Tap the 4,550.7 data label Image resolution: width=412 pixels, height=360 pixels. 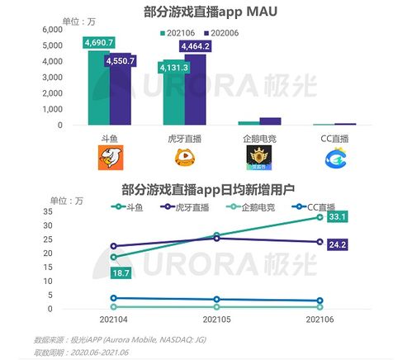(x=120, y=60)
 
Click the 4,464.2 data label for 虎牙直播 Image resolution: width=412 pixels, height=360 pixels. (x=195, y=46)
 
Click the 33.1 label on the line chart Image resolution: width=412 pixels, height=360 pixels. (x=336, y=217)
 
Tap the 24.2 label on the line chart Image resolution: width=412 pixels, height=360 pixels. (x=336, y=245)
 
